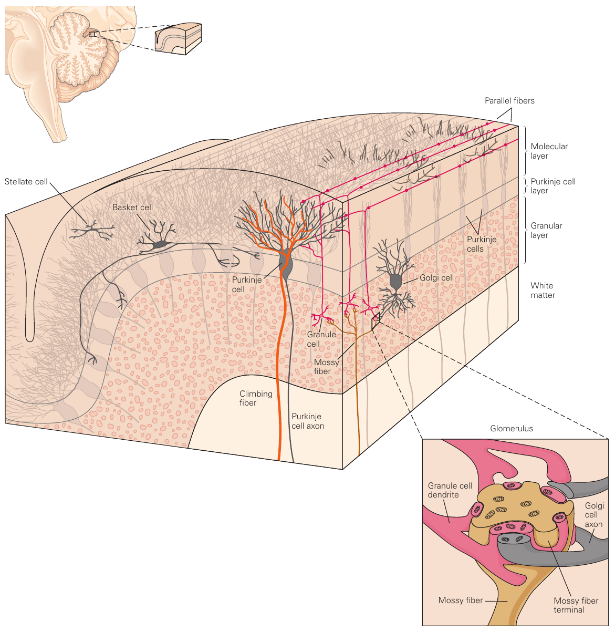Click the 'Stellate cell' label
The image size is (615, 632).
pyautogui.click(x=26, y=182)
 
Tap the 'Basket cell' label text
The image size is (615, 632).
pyautogui.click(x=132, y=208)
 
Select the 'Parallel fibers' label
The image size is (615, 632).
pyautogui.click(x=509, y=101)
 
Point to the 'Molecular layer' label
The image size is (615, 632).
pyautogui.click(x=549, y=151)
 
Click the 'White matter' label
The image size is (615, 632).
pyautogui.click(x=543, y=291)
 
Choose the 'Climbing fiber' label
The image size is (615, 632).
pyautogui.click(x=256, y=398)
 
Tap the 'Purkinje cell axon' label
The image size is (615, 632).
pyautogui.click(x=308, y=421)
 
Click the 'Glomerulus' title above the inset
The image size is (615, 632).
pyautogui.click(x=511, y=429)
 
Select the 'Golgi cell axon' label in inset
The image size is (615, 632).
pyautogui.click(x=594, y=515)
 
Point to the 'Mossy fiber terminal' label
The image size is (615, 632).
pyautogui.click(x=576, y=605)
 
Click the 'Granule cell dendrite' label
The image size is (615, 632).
pyautogui.click(x=450, y=490)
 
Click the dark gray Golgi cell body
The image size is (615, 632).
pyautogui.click(x=395, y=282)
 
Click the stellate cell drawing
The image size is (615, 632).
pyautogui.click(x=92, y=230)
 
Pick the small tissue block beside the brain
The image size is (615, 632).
pyautogui.click(x=178, y=38)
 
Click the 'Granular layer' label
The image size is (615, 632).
pyautogui.click(x=546, y=231)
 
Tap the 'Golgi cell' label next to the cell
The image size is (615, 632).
pyautogui.click(x=436, y=278)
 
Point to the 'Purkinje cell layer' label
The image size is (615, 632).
pyautogui.click(x=553, y=186)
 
